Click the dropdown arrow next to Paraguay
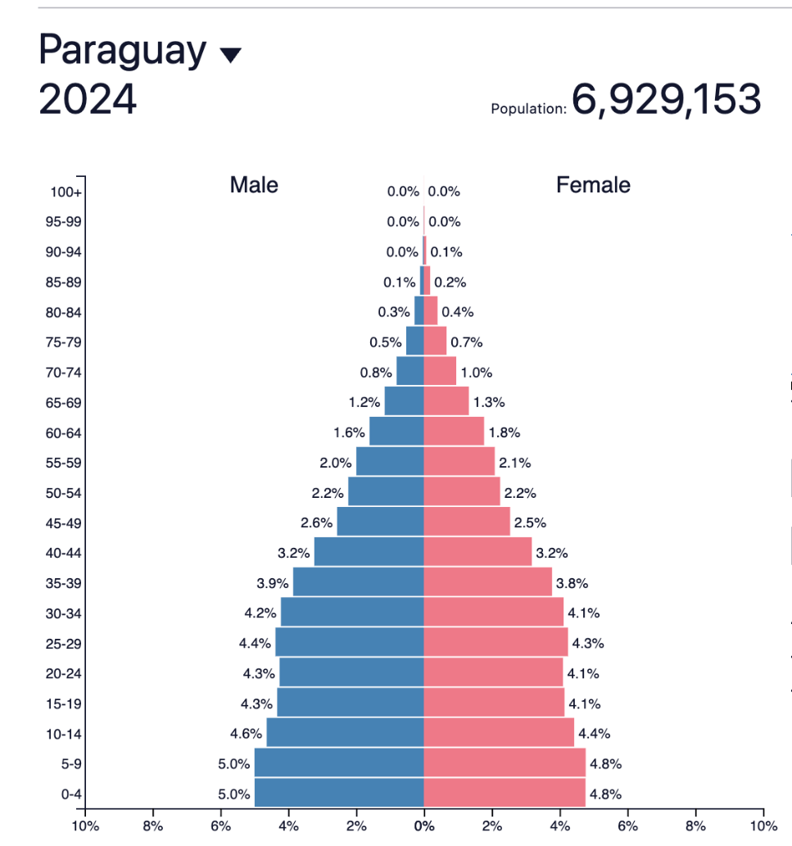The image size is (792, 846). pos(231,55)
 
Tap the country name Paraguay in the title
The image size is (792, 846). pos(123,51)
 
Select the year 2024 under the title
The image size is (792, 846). pos(88,100)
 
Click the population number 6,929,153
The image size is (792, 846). pos(666,100)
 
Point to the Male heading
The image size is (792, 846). pos(254,185)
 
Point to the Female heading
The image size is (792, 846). pos(593,185)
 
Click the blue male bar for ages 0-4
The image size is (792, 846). pos(339,794)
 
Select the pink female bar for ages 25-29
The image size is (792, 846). pos(496,643)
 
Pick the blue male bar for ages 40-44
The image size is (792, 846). pos(369,553)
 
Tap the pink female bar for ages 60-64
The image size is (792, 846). pos(454,432)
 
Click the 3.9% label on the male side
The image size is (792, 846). pos(273,584)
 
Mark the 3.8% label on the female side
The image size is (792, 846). pos(572,584)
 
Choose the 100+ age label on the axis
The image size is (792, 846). pos(66,192)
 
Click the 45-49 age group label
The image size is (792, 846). pos(63,523)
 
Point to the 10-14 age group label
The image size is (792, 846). pos(63,734)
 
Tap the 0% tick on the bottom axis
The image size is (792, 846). pos(423,826)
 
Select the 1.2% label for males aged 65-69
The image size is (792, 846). pos(364,403)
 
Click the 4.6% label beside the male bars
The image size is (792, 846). pos(246,734)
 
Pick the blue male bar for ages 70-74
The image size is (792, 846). pos(410,372)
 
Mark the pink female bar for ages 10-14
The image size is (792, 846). pos(499,734)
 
